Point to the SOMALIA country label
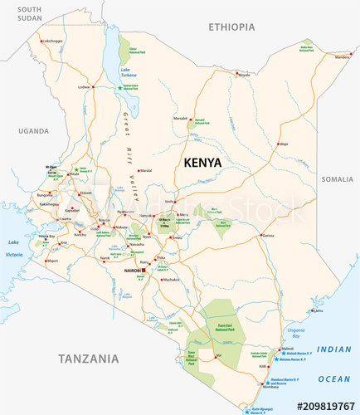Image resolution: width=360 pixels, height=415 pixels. click(337, 178)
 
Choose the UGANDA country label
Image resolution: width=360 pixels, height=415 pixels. click(34, 130)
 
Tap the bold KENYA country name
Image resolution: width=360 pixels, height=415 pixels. click(202, 163)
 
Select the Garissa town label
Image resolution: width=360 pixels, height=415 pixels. click(267, 236)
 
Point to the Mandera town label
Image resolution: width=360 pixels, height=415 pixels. click(342, 57)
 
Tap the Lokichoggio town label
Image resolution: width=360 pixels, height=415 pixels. click(53, 41)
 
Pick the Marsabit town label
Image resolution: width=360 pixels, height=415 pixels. click(181, 119)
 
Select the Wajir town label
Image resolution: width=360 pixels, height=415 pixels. click(283, 144)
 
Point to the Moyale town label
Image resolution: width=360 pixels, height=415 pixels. click(243, 75)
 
